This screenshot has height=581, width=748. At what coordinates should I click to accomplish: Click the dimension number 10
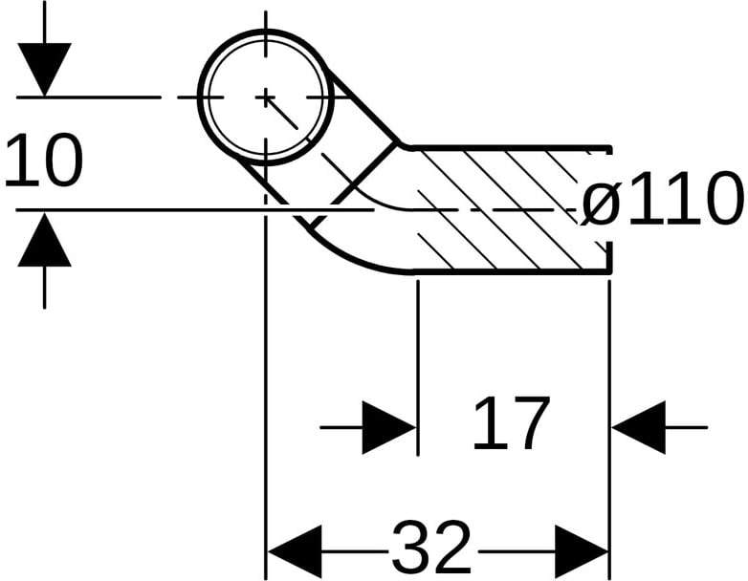[x=44, y=161]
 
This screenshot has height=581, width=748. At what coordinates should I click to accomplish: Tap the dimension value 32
[x=432, y=549]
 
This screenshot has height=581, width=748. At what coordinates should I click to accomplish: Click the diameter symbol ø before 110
[x=601, y=202]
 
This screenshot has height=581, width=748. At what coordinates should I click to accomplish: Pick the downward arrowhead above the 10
[x=44, y=69]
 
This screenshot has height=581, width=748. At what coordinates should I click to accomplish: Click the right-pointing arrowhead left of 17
[x=388, y=427]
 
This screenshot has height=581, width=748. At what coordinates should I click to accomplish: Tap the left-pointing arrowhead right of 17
[x=639, y=427]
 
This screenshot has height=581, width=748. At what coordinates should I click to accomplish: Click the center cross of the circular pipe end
[x=266, y=97]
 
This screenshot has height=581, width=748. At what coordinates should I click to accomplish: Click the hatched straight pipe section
[x=507, y=210]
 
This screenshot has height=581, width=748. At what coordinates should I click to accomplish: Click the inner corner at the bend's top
[x=400, y=145]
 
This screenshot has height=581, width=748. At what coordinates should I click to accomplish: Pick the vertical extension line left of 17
[x=418, y=363]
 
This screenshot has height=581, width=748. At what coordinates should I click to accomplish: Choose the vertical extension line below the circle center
[x=266, y=382]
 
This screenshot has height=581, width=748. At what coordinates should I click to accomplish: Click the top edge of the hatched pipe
[x=507, y=147]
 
